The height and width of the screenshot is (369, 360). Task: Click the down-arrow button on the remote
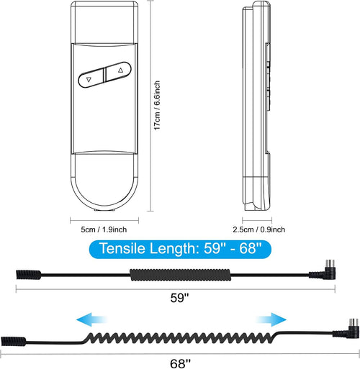click(91, 78)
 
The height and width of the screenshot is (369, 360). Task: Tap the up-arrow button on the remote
click(118, 71)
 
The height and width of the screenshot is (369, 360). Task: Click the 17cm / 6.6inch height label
click(157, 106)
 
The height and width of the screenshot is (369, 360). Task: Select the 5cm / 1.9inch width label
click(104, 229)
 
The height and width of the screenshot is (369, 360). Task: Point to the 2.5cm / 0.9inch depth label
click(259, 229)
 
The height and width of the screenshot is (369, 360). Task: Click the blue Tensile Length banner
click(180, 248)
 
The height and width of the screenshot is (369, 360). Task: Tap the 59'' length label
click(180, 298)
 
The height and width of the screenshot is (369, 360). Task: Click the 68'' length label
click(180, 363)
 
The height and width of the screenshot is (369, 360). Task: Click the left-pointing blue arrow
click(91, 319)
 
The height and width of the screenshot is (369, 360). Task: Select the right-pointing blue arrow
click(271, 319)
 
